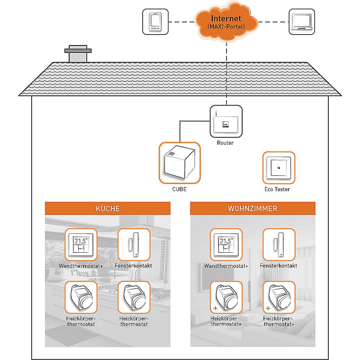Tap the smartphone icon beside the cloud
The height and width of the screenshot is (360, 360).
[156, 22]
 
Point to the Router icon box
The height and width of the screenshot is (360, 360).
[226, 121]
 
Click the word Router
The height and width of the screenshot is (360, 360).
[225, 143]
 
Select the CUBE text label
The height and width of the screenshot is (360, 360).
[179, 189]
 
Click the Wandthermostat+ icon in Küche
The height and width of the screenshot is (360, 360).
[81, 245]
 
